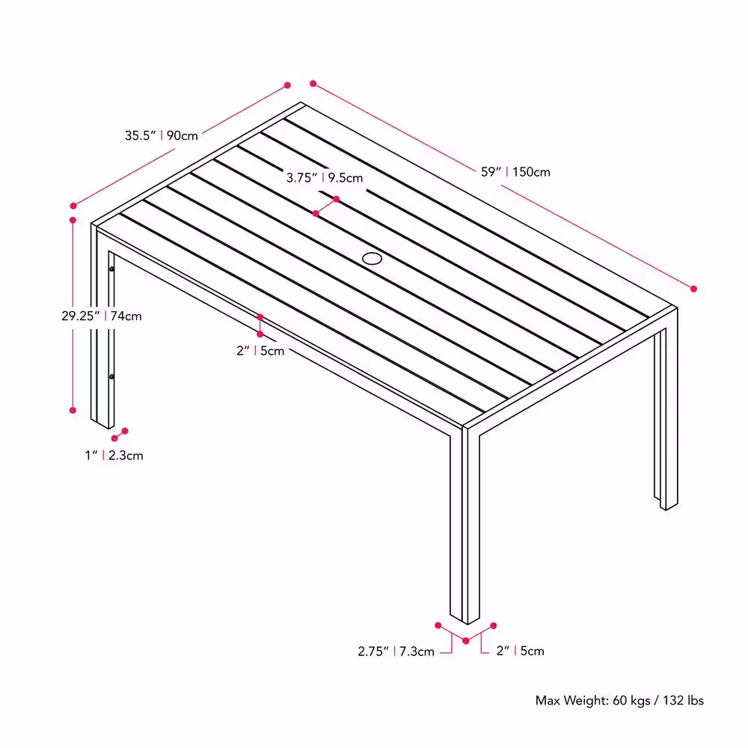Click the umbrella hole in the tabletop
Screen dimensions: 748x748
(372, 259)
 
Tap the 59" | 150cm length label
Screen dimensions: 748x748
(515, 172)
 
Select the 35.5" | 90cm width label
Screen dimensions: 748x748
(162, 135)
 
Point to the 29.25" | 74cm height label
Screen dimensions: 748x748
(102, 316)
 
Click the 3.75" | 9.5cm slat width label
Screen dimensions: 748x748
(325, 178)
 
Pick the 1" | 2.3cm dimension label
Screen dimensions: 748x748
(114, 456)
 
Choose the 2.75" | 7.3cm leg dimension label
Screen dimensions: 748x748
(396, 652)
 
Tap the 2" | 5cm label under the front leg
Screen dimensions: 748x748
(520, 651)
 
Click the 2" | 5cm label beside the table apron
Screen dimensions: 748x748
(260, 351)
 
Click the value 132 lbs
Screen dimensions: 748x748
(683, 700)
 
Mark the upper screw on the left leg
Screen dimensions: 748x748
(111, 269)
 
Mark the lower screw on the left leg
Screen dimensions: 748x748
(111, 377)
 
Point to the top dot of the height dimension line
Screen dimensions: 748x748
(73, 220)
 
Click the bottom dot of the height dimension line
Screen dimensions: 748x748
(73, 410)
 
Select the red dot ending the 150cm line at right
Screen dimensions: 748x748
(693, 289)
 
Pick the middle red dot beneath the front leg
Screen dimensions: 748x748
(466, 641)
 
